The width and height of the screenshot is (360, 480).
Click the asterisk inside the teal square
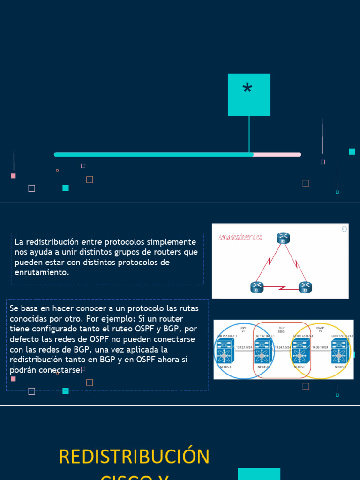[247, 89]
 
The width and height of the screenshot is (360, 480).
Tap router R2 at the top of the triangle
[283, 238]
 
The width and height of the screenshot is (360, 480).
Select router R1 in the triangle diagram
[256, 287]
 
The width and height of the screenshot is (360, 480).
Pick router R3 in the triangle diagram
[305, 287]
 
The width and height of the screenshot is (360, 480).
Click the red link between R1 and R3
[281, 288]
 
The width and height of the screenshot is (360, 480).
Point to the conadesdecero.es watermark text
[240, 237]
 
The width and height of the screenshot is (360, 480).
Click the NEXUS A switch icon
[224, 350]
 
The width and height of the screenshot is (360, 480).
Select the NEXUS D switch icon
[341, 350]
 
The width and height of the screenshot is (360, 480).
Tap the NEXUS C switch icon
[300, 350]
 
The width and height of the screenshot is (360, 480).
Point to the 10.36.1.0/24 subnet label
[321, 347]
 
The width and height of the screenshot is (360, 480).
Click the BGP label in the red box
[281, 328]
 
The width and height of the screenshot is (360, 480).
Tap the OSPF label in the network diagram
[243, 328]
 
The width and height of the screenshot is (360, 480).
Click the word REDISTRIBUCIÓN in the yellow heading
[134, 457]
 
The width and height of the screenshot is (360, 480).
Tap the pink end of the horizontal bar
[277, 154]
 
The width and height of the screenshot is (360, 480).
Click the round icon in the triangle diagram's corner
[345, 229]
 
